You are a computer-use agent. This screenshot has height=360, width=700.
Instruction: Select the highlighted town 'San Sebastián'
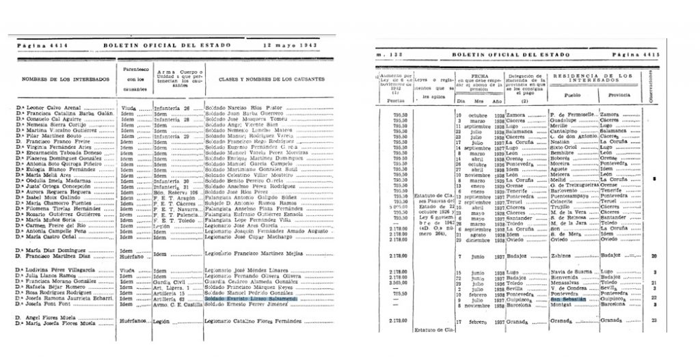click(x=569, y=299)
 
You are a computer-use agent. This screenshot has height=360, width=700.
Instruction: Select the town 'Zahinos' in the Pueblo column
click(x=563, y=255)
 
